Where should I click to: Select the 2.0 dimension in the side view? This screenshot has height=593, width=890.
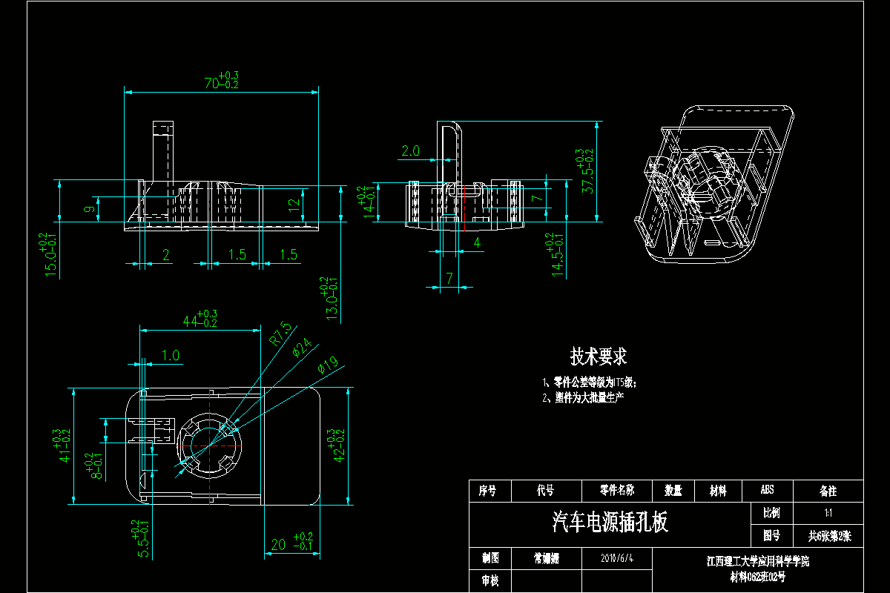tap(410, 150)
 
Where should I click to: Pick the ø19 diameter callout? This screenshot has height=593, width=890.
tap(327, 364)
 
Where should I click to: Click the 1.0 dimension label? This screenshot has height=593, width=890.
tap(171, 356)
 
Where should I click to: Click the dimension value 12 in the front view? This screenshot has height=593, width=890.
tap(294, 202)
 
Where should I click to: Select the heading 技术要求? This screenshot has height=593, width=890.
tap(598, 357)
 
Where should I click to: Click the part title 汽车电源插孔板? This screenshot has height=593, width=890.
tap(610, 523)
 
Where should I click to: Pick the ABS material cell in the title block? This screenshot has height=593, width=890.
tap(767, 490)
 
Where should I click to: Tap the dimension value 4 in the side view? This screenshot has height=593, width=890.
tap(477, 242)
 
